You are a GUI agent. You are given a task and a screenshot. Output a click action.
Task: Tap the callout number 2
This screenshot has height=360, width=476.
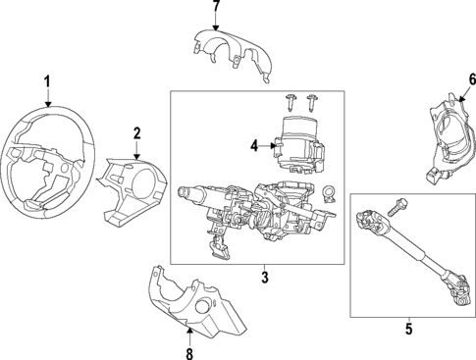pyautogui.click(x=136, y=132)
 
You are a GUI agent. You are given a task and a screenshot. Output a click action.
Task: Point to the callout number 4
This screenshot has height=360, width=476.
pyautogui.click(x=253, y=147)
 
